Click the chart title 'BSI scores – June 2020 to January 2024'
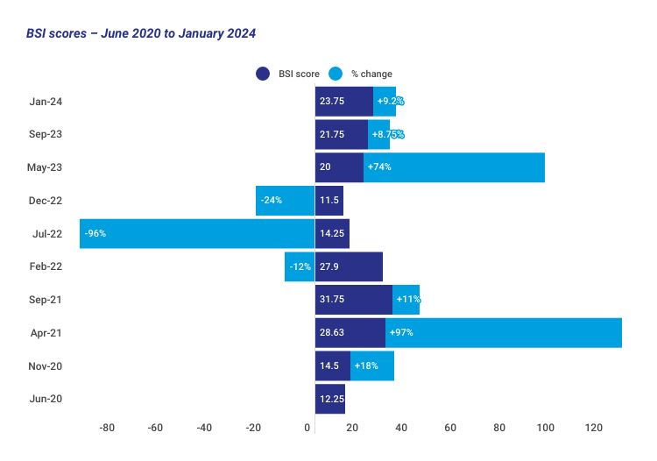(141, 33)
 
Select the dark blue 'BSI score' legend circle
(263, 74)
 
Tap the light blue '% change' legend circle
(336, 74)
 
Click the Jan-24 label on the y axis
(46, 101)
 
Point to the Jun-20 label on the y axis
(46, 399)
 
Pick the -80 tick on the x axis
(107, 428)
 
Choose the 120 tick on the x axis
(594, 428)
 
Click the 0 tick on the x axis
(307, 428)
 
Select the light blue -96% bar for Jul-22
(197, 234)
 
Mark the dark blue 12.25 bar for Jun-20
(330, 399)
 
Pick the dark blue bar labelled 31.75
(354, 300)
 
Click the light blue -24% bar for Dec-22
(285, 201)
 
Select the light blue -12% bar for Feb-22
(300, 266)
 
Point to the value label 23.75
(332, 101)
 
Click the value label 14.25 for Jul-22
(332, 234)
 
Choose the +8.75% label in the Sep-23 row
(387, 134)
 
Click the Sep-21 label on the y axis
(46, 300)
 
